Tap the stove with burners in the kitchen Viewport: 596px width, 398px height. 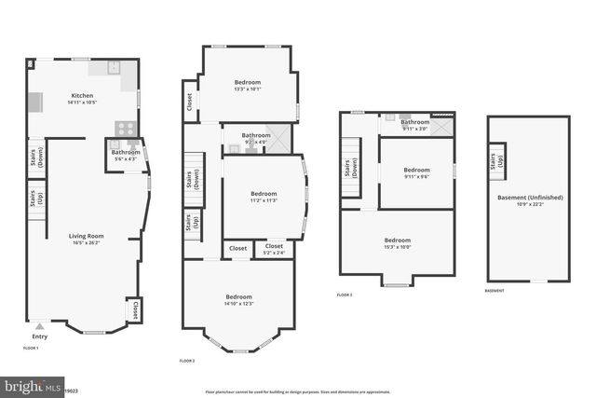[x=126, y=130]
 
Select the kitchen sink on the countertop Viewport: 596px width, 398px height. [x=114, y=67]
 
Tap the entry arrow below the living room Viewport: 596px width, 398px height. [x=39, y=326]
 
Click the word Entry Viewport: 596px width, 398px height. [x=39, y=336]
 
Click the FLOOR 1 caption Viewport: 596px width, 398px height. [x=31, y=348]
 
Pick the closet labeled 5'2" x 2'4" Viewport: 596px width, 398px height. [x=274, y=249]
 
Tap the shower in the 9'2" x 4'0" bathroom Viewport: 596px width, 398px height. [x=278, y=136]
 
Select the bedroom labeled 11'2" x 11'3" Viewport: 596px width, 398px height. [x=264, y=197]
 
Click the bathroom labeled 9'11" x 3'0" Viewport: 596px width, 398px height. [x=415, y=123]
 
